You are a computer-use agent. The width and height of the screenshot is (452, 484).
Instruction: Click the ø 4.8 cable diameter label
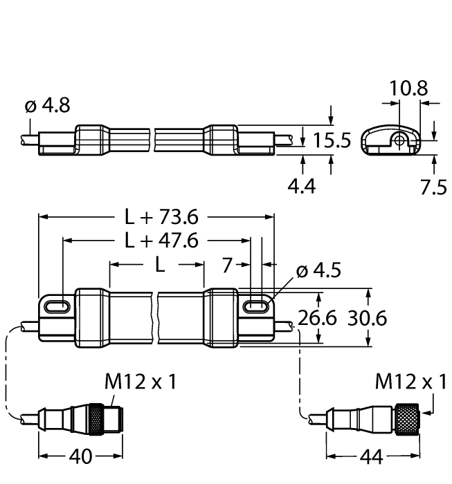[47, 106]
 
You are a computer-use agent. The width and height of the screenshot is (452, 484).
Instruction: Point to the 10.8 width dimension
[408, 89]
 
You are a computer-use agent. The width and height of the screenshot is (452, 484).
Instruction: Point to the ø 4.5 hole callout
[318, 270]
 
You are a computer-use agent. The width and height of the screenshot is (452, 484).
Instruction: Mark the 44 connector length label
[375, 457]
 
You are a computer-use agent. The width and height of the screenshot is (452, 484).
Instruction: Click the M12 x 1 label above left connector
[136, 381]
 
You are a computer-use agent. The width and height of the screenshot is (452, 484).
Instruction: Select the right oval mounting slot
[257, 304]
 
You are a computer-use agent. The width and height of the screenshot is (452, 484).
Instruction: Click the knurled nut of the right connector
[408, 418]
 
